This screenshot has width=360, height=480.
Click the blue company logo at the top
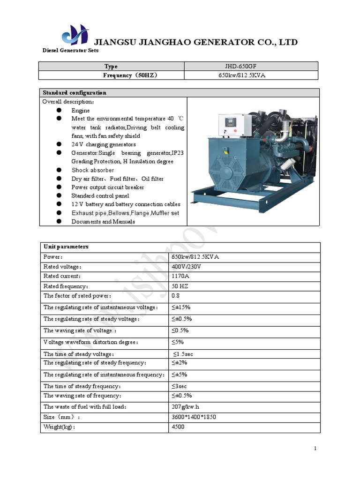[x=75, y=35]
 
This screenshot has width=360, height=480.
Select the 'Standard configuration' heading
[x=75, y=93]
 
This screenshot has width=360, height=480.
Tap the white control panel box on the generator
[x=235, y=125]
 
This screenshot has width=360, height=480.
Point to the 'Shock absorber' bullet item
[x=92, y=170]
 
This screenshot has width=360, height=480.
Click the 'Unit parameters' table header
[x=66, y=247]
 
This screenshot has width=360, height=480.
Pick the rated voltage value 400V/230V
[x=187, y=266]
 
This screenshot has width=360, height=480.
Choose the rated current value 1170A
[x=181, y=276]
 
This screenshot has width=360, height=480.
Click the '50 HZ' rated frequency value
[x=180, y=286]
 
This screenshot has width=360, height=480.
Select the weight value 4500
[x=178, y=427]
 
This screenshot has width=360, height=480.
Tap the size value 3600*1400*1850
[x=194, y=417]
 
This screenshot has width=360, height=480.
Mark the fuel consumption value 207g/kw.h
[x=188, y=406]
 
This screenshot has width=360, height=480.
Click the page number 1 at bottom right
[x=315, y=449]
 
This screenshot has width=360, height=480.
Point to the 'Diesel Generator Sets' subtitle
[x=70, y=50]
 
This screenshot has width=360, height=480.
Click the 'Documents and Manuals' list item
[x=103, y=221]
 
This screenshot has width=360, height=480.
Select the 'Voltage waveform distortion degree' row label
[x=90, y=342]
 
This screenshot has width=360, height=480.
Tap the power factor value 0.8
[x=176, y=296]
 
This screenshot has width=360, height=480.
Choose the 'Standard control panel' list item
[x=100, y=195]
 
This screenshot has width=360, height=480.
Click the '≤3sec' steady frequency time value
[x=180, y=386]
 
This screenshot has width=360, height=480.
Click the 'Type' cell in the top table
[x=111, y=67]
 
